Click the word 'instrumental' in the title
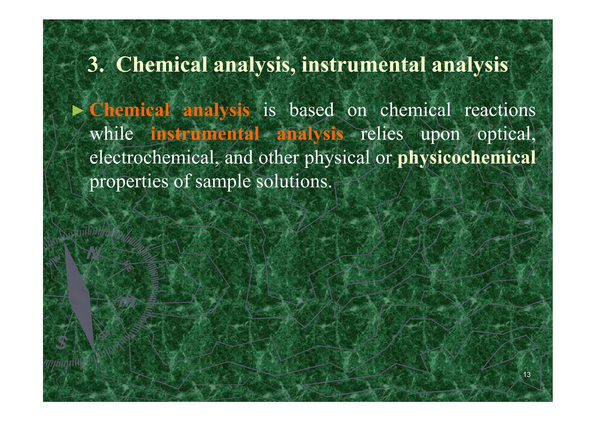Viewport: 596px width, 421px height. (363, 65)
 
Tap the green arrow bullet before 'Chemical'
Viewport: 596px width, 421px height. (78, 111)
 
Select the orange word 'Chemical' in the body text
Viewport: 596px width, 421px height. (129, 110)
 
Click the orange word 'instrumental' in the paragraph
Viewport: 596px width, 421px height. (205, 133)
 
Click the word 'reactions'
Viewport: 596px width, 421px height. (500, 110)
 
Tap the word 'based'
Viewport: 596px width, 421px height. (312, 109)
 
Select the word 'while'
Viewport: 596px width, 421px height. (111, 133)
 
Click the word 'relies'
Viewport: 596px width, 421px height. (382, 133)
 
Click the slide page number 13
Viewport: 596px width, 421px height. (527, 375)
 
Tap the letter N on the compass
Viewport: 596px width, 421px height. (94, 253)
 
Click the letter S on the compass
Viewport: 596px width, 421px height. (62, 342)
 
